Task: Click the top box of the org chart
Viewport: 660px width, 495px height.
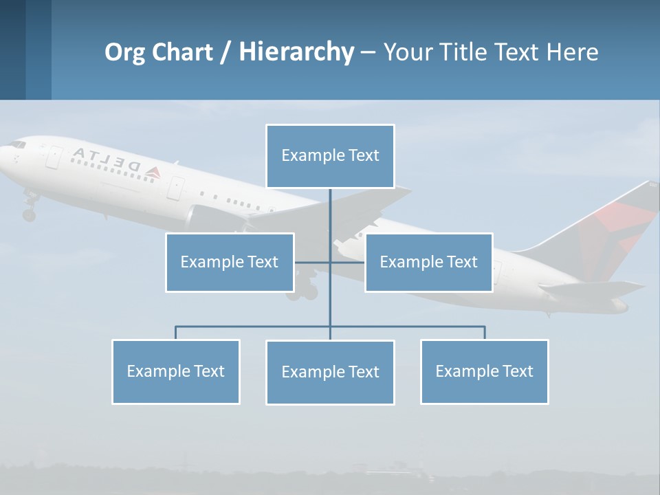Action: coord(330,156)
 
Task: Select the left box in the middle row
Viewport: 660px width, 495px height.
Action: coord(230,262)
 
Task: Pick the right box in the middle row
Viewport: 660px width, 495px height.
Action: coord(428,262)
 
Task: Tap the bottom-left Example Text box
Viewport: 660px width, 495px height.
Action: coord(175,371)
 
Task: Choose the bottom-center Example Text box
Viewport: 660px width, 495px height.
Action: coord(330,372)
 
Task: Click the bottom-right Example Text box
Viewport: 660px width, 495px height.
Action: coord(484,371)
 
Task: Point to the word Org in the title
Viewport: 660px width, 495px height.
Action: coord(125,52)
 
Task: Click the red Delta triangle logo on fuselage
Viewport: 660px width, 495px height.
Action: coord(152,172)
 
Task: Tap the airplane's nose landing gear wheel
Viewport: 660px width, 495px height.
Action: coord(29,214)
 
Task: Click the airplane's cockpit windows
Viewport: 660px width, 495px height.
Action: coord(17,145)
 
